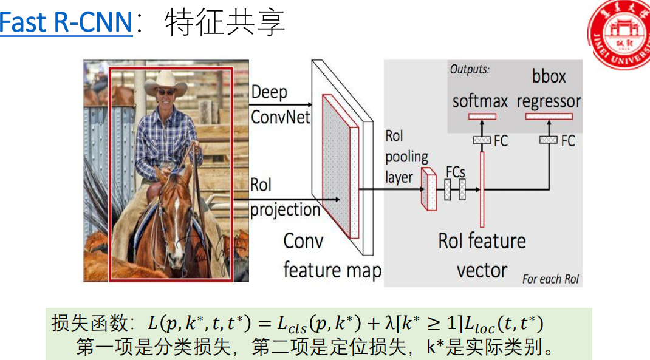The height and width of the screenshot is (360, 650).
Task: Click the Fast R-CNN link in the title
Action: (66, 23)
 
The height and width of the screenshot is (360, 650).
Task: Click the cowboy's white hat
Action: (165, 83)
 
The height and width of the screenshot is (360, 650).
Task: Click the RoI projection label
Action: (284, 197)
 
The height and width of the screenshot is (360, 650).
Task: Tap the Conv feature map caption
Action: (332, 256)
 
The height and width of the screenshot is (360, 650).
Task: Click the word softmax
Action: (480, 101)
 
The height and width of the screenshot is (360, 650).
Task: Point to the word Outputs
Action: (469, 69)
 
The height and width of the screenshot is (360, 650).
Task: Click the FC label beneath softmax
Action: (501, 141)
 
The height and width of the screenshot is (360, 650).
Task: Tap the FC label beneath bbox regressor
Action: (567, 141)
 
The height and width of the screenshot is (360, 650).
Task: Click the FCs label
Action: (456, 171)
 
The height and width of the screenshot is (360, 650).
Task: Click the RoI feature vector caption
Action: (482, 255)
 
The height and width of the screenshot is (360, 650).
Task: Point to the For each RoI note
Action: (550, 279)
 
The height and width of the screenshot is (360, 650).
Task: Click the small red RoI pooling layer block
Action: (429, 189)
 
